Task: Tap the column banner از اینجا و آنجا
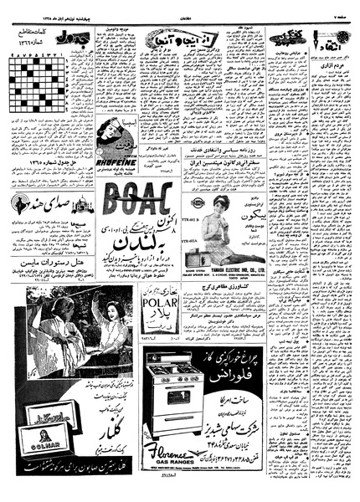tap(172, 38)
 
